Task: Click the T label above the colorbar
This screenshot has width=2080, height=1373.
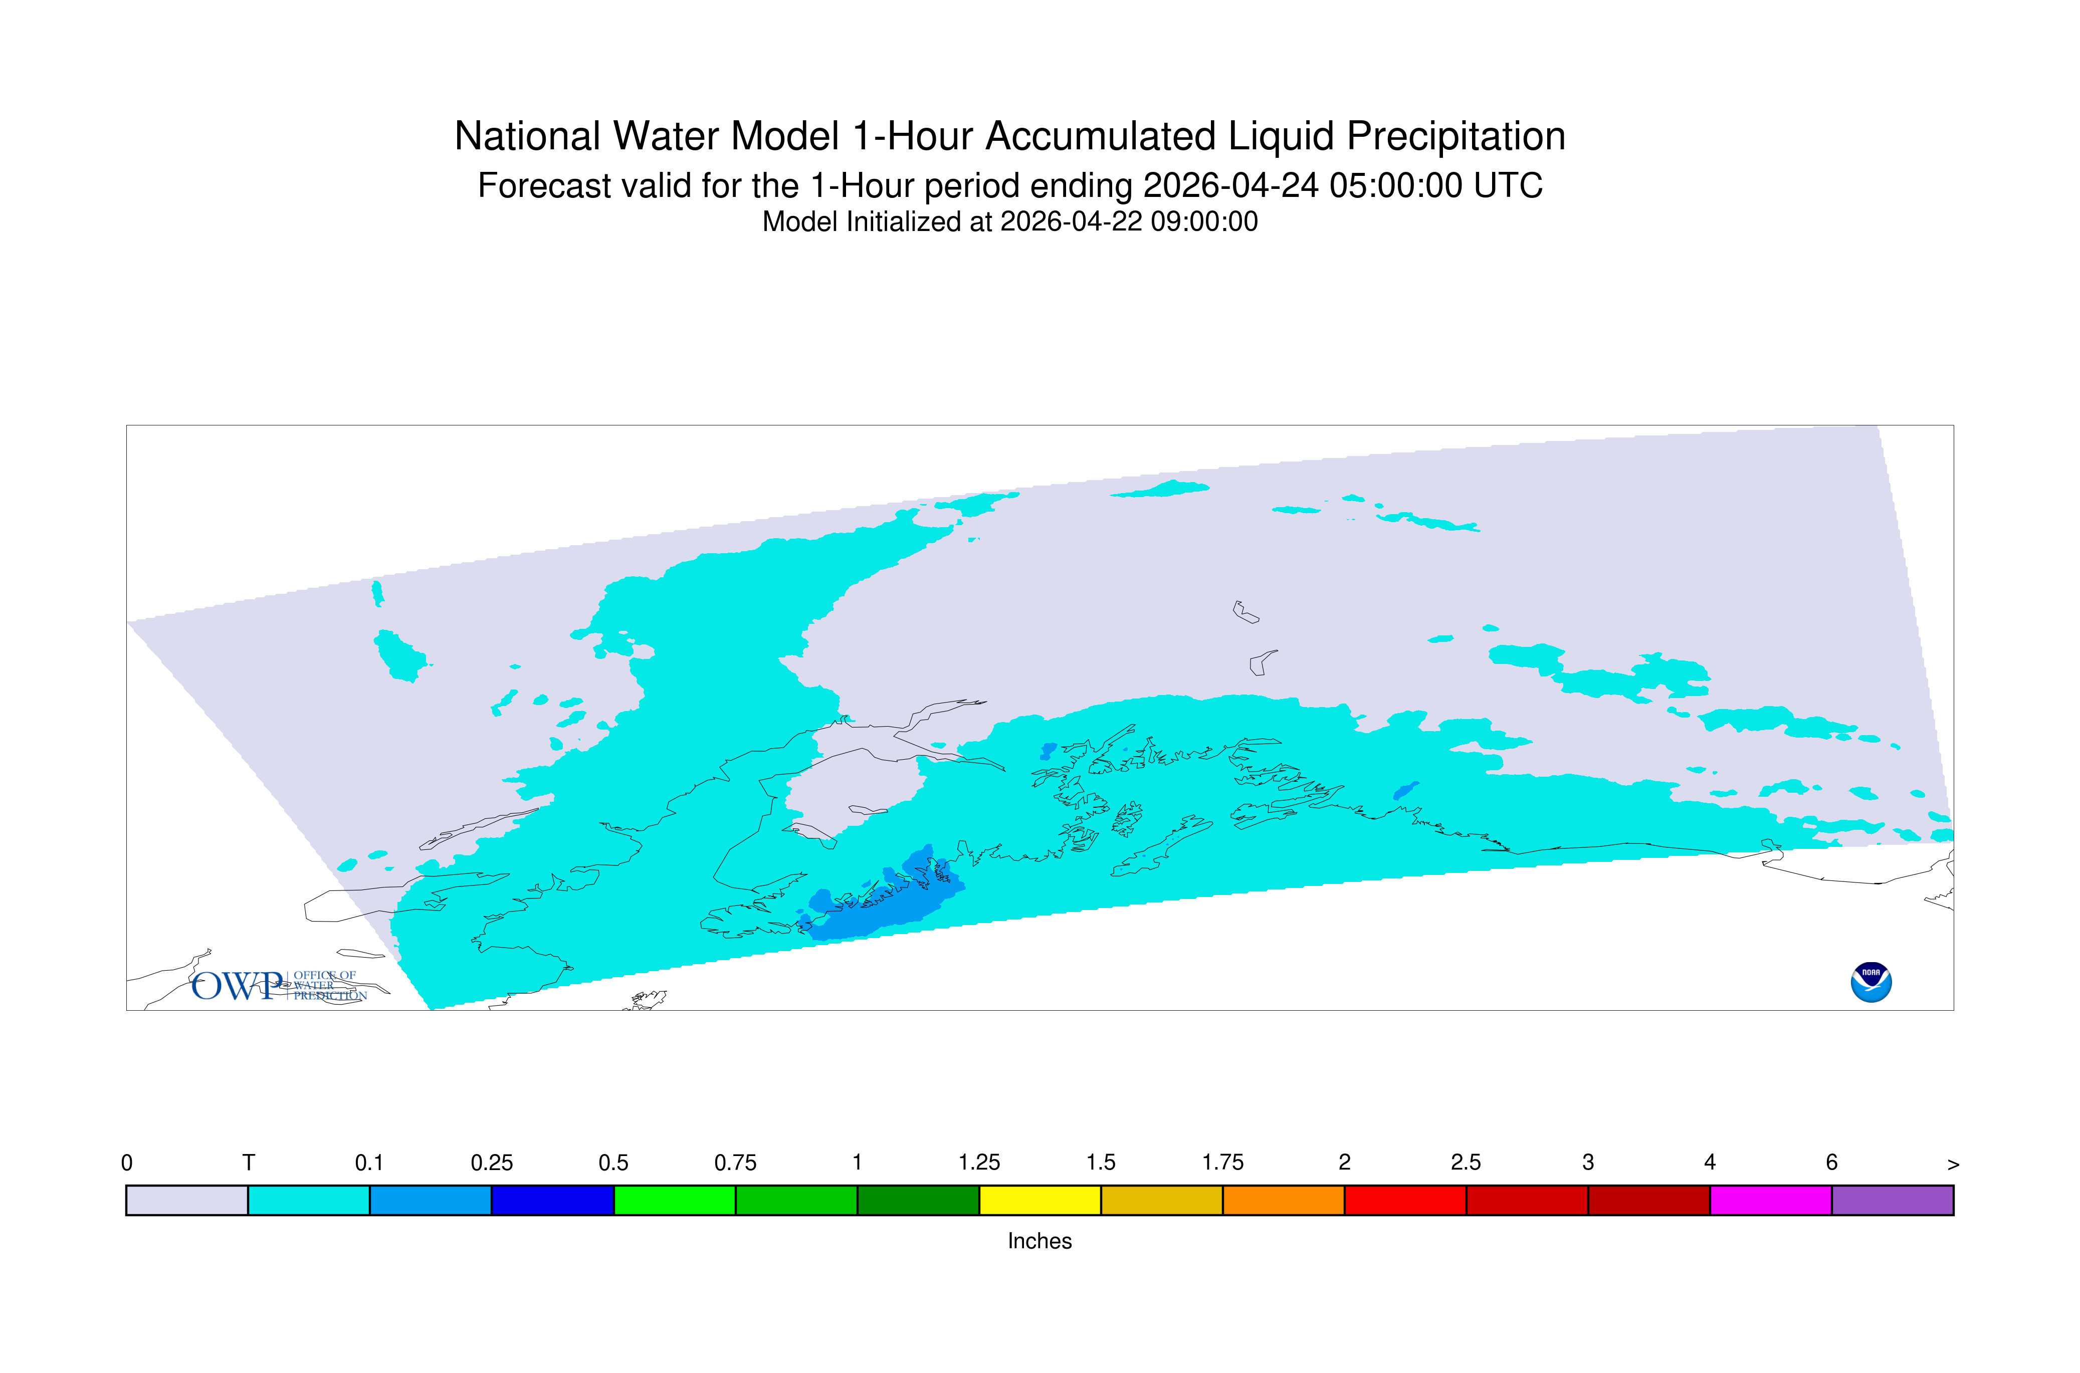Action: tap(249, 1163)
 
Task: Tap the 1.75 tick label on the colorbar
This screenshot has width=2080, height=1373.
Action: tap(1222, 1163)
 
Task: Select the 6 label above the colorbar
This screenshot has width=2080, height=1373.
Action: tap(1831, 1163)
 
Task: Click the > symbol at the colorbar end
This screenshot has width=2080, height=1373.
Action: tap(1953, 1165)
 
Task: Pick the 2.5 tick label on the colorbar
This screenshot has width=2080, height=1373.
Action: tap(1466, 1163)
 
